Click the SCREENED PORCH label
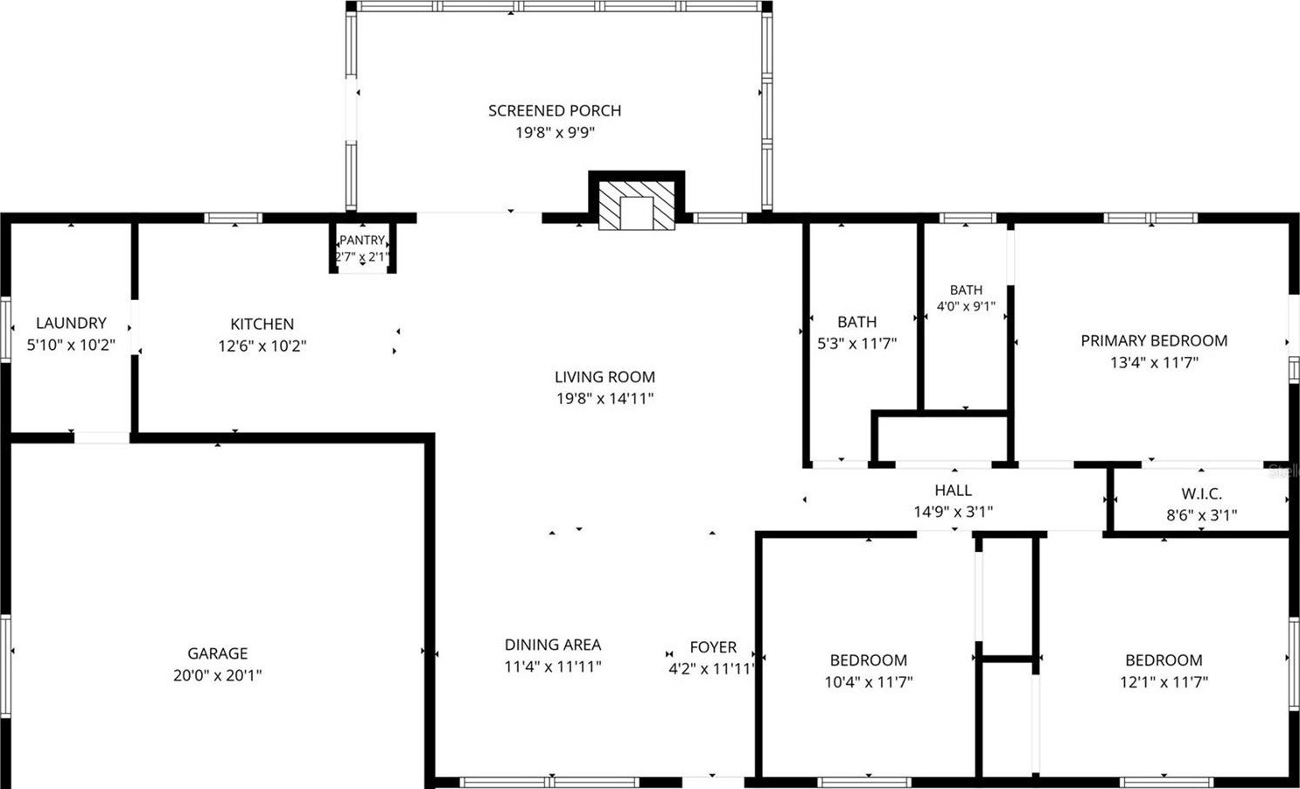555,110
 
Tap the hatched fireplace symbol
637,205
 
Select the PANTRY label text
362,241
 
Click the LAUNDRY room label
72,323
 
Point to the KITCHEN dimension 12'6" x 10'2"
262,346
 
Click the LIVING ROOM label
605,377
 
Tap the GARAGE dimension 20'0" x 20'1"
218,675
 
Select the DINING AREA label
553,645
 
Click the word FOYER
713,647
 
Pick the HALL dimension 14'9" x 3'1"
954,512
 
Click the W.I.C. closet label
1201,493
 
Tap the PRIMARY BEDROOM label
1154,340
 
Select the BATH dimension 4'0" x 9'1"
967,306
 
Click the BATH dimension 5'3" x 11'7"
857,344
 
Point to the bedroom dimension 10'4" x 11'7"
869,681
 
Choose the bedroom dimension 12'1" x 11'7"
1164,681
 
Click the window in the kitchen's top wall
234,218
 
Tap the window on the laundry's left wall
6,330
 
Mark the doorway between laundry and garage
101,438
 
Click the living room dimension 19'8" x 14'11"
605,399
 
